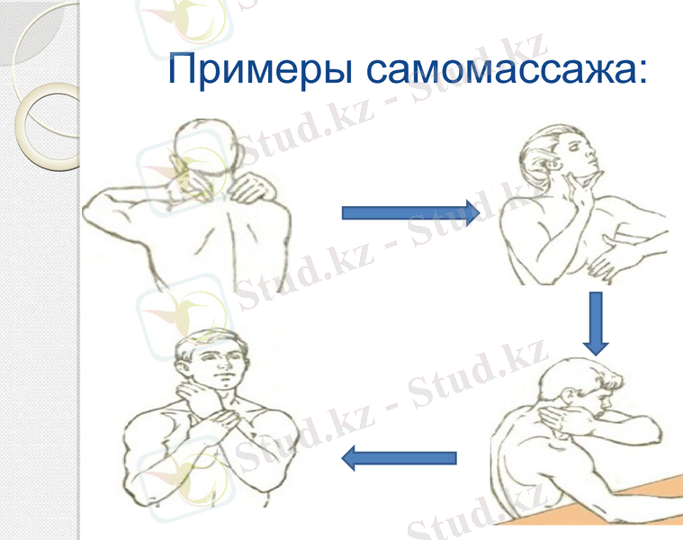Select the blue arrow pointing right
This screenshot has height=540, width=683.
pos(409,212)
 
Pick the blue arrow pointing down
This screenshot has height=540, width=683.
pos(596,323)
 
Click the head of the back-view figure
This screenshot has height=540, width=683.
pos(200,148)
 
